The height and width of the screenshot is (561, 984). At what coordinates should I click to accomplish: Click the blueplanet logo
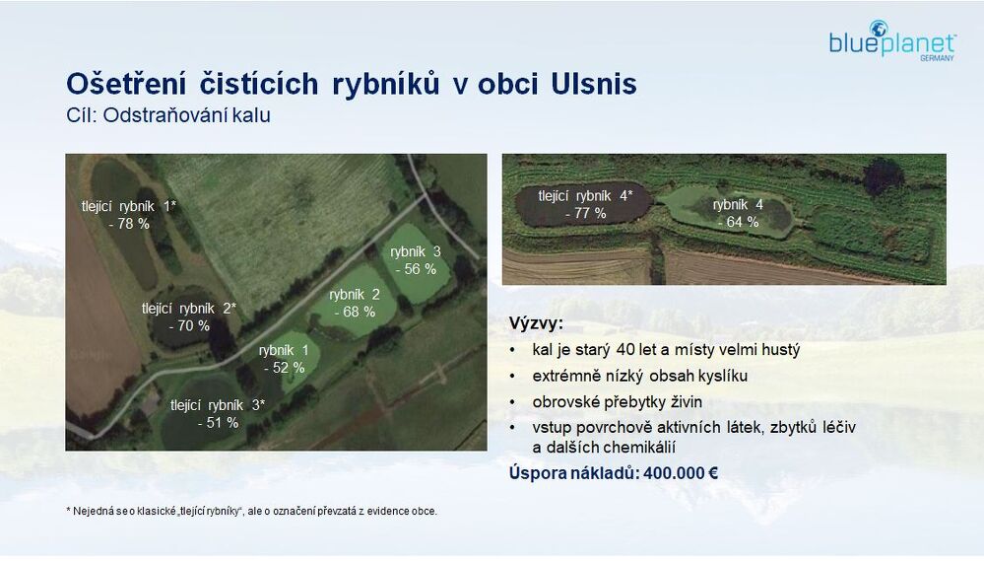pyautogui.click(x=891, y=39)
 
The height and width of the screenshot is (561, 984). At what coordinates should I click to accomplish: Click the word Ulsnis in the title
pyautogui.click(x=594, y=84)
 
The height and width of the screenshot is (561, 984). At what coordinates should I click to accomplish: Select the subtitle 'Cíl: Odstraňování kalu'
pyautogui.click(x=168, y=115)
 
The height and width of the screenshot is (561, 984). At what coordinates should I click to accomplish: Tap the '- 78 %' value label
pyautogui.click(x=129, y=224)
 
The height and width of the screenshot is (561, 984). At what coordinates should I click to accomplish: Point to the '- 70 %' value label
pyautogui.click(x=189, y=326)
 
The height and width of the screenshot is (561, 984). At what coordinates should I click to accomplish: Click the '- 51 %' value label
pyautogui.click(x=218, y=423)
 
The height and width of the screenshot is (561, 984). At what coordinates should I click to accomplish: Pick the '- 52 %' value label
pyautogui.click(x=285, y=368)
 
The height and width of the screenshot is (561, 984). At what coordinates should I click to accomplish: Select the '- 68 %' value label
pyautogui.click(x=355, y=312)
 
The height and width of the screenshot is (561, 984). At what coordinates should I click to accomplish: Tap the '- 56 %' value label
pyautogui.click(x=416, y=269)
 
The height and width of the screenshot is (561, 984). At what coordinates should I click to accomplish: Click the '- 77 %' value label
pyautogui.click(x=585, y=214)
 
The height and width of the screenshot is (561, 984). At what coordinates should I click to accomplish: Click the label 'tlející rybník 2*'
pyautogui.click(x=189, y=309)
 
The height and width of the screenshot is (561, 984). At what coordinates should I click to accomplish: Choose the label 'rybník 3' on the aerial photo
pyautogui.click(x=416, y=252)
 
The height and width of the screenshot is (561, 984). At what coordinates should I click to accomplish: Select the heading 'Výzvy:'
pyautogui.click(x=536, y=324)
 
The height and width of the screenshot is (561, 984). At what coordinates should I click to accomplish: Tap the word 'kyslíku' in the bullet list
pyautogui.click(x=722, y=377)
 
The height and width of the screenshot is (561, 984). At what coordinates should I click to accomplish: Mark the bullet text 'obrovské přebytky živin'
pyautogui.click(x=618, y=402)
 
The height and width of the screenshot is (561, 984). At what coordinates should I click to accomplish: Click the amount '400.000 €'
pyautogui.click(x=681, y=473)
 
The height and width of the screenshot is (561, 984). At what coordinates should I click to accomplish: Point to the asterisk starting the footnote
pyautogui.click(x=68, y=510)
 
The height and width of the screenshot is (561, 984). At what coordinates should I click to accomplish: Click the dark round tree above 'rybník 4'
pyautogui.click(x=883, y=176)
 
